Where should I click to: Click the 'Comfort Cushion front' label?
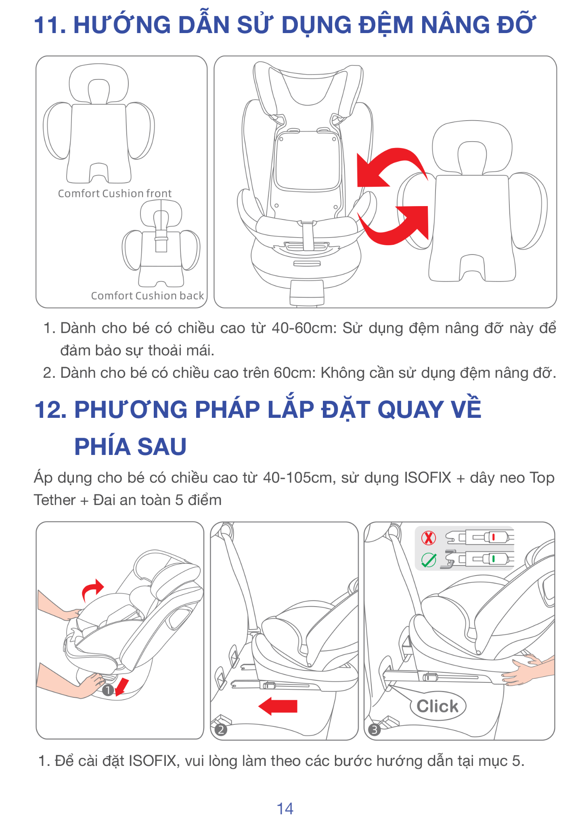click(x=115, y=194)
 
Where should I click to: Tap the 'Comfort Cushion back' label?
click(x=147, y=296)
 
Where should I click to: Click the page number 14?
click(x=285, y=809)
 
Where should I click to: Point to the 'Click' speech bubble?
click(x=438, y=706)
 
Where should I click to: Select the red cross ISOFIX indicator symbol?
click(x=428, y=538)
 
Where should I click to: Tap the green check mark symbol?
click(x=428, y=559)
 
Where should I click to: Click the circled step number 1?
click(x=108, y=690)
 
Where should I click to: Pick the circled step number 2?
click(x=221, y=730)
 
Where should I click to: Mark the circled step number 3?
click(x=375, y=730)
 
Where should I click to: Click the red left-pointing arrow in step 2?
click(x=278, y=706)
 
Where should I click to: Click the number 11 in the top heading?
click(x=50, y=25)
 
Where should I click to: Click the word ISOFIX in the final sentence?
click(x=153, y=761)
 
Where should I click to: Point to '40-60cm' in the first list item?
click(x=304, y=328)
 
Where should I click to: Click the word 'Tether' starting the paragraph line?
click(x=55, y=500)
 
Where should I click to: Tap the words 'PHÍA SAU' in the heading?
click(x=130, y=447)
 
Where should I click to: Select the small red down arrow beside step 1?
click(x=121, y=687)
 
